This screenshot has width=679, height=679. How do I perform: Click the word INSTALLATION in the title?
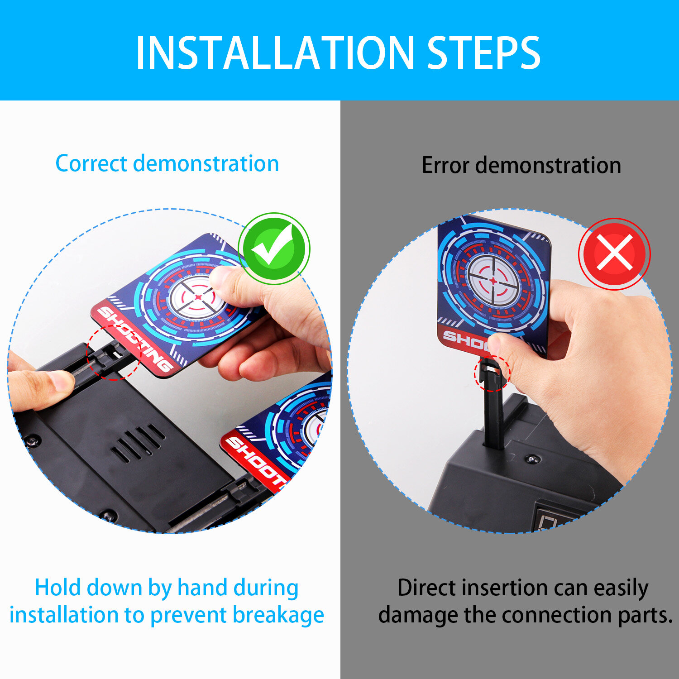click(275, 53)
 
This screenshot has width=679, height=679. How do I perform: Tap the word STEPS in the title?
click(484, 53)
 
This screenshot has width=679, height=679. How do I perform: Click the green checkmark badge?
click(274, 248)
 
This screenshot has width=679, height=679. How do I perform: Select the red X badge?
click(614, 254)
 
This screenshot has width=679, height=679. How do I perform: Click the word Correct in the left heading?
click(91, 163)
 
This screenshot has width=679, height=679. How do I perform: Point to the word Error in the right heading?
click(445, 165)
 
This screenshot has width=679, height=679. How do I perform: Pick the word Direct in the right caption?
click(427, 588)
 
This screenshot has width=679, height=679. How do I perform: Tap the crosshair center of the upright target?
click(493, 281)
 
